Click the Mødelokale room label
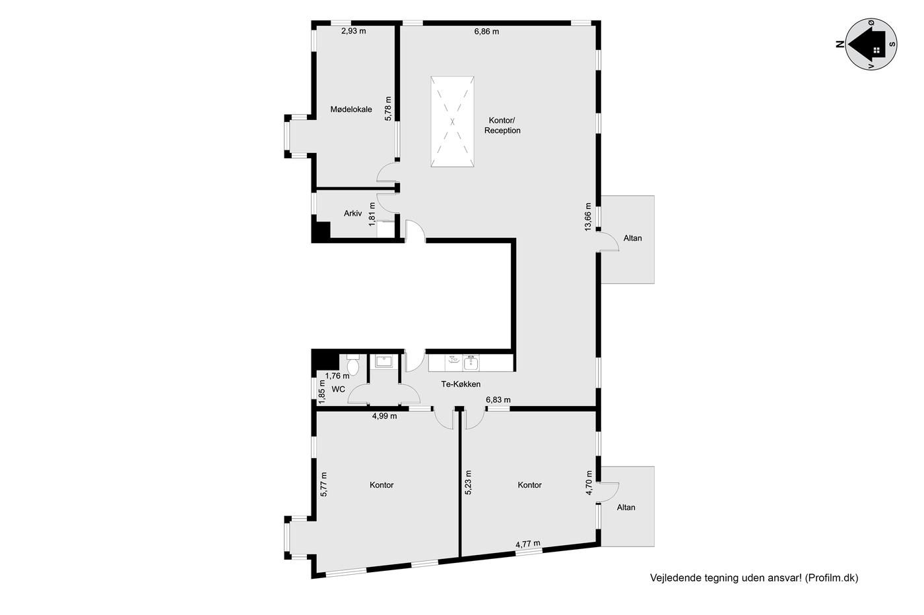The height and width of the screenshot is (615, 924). tap(351, 109)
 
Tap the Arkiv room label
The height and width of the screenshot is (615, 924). tap(352, 214)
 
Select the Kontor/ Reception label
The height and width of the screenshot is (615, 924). tap(502, 125)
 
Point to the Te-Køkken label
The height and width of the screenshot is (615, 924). tap(461, 384)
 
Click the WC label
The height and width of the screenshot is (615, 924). tap(338, 390)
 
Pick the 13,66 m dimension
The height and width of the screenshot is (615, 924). tap(588, 217)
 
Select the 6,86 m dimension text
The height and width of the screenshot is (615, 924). tap(486, 32)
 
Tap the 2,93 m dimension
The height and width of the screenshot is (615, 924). tap(354, 31)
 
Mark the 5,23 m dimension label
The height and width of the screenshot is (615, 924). tap(468, 483)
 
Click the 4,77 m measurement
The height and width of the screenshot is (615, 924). tap(528, 544)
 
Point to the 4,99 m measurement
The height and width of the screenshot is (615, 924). tap(384, 416)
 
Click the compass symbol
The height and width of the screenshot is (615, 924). tap(871, 44)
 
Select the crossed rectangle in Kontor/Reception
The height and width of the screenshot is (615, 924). tap(453, 121)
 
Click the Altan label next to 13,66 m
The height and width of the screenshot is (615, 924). tap(632, 238)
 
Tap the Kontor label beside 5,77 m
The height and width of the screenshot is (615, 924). tap(381, 485)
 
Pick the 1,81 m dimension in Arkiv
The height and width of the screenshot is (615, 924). tap(372, 214)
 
